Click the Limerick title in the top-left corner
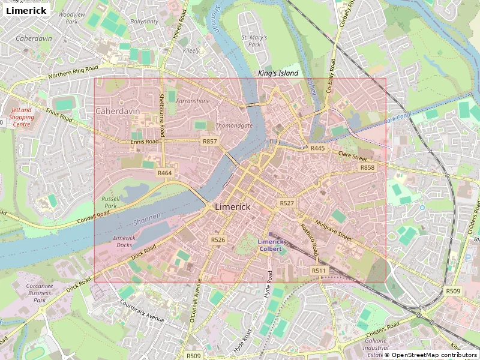[26, 11]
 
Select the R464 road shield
[164, 173]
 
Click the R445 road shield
[317, 148]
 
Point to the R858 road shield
[367, 167]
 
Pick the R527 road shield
[287, 203]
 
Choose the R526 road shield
[218, 239]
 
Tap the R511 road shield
[319, 271]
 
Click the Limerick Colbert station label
[270, 245]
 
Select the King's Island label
[278, 73]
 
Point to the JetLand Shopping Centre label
[22, 116]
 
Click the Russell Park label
[111, 202]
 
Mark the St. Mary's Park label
[254, 41]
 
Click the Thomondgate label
[233, 125]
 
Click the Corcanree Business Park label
[40, 293]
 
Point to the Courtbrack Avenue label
[142, 311]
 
